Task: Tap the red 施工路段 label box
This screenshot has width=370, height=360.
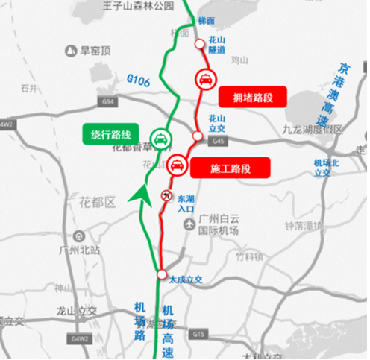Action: coord(230,168)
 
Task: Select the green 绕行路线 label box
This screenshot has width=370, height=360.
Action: coord(111,135)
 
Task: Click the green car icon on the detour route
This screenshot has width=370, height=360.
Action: coord(160,138)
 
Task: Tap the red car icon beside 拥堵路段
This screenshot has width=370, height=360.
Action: coord(204,80)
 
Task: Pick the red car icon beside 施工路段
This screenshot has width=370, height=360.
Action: coord(178,165)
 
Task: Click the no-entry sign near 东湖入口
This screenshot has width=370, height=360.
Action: coord(166,196)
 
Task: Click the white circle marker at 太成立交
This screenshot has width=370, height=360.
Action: coord(162,275)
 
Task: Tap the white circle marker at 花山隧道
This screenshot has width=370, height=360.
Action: coord(199,44)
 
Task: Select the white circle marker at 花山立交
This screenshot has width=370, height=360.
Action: coord(197,136)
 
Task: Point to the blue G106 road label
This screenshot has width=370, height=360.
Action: coord(138,78)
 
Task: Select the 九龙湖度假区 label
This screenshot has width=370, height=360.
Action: coord(312,130)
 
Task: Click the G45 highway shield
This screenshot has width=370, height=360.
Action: coord(218,140)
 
